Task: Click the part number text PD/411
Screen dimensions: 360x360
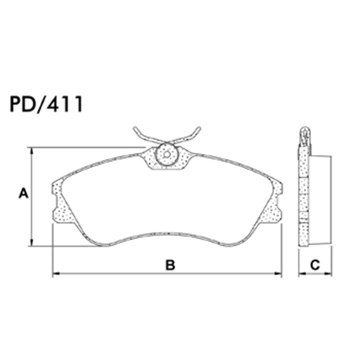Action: coord(46,104)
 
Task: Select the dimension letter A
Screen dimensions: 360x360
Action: coord(23,194)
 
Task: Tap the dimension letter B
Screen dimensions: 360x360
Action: coord(170,266)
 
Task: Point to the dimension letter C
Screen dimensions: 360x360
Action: coord(315,266)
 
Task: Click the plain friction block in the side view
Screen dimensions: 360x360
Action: coord(320,200)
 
